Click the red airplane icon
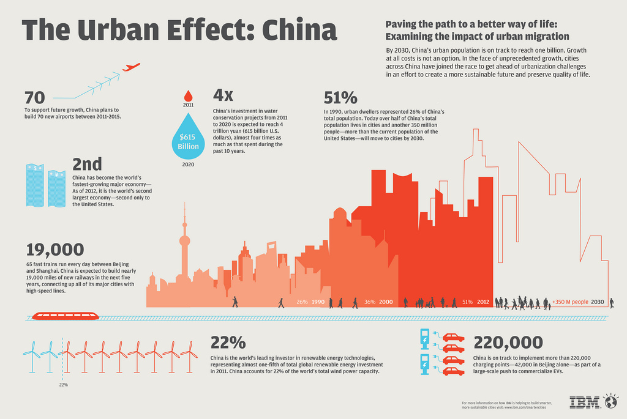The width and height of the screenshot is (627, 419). pos(131,67)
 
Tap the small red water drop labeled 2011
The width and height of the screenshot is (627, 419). pos(188,95)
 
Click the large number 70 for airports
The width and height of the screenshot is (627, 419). pos(35,97)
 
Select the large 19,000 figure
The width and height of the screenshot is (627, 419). pos(55,250)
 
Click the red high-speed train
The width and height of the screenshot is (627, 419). pos(65,316)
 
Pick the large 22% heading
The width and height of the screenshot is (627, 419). pos(228,342)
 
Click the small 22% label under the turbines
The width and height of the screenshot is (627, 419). pos(64,385)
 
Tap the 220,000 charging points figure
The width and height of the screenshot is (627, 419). pos(508,342)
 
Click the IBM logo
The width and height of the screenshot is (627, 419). pos(585,402)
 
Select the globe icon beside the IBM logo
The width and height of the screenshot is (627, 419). pos(610,402)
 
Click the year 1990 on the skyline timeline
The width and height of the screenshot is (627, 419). pos(318,302)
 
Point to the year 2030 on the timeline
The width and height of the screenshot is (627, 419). pos(598,302)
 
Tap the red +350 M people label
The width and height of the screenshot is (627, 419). pos(570,302)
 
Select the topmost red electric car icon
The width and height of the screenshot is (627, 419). pos(453,337)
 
